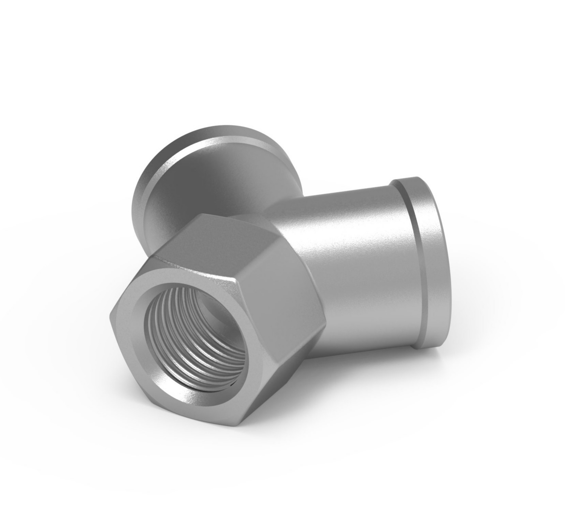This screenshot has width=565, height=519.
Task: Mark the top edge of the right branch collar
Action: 411,180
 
